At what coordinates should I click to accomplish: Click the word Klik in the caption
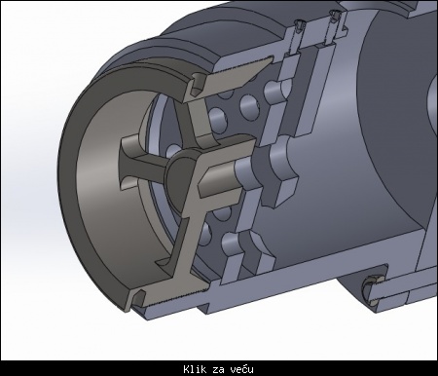coord(195,369)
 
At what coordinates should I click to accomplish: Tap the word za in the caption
coord(219,370)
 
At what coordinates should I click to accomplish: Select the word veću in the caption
coord(242,369)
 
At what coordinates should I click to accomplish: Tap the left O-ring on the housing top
coord(299,25)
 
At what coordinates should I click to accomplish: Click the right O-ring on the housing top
coord(334,16)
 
